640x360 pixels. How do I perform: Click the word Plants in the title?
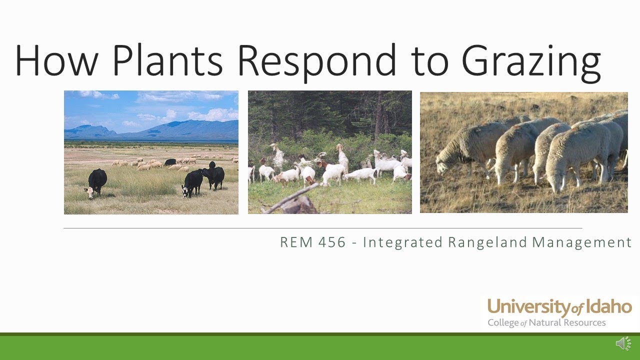pyautogui.click(x=167, y=60)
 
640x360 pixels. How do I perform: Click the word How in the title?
pyautogui.click(x=55, y=60)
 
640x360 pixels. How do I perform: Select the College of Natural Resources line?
pyautogui.click(x=546, y=322)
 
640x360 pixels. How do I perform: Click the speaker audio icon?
pyautogui.click(x=623, y=343)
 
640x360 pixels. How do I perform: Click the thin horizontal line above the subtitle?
pyautogui.click(x=322, y=228)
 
